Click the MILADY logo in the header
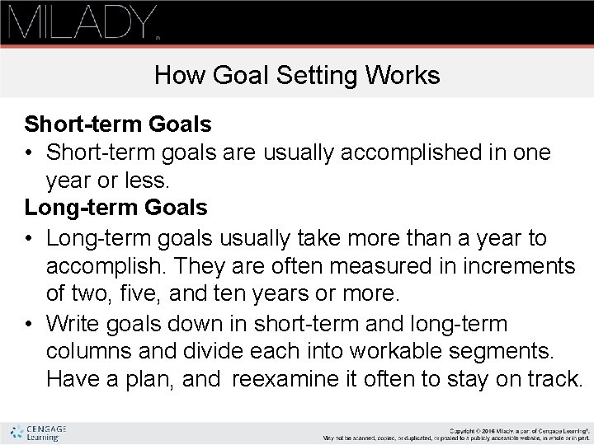tap(82, 22)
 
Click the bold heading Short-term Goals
tap(118, 124)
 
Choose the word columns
tap(89, 352)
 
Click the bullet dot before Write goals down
tap(30, 323)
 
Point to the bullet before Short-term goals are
tap(30, 153)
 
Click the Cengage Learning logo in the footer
tap(39, 433)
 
